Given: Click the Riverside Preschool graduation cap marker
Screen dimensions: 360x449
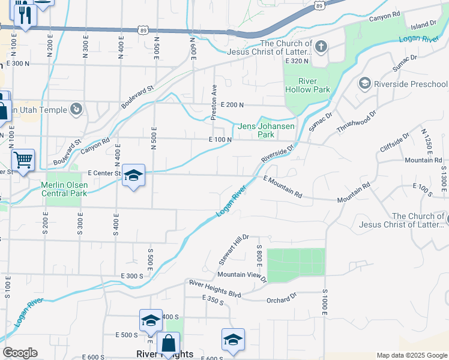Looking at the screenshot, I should [x=364, y=84].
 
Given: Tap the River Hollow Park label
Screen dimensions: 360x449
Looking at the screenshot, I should [x=307, y=85].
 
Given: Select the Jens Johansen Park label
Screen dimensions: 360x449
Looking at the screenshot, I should [x=266, y=130].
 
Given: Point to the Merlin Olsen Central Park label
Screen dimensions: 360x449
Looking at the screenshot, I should [x=64, y=189].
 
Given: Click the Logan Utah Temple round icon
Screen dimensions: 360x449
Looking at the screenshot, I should [x=76, y=109].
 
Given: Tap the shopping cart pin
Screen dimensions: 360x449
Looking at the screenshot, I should [x=23, y=160].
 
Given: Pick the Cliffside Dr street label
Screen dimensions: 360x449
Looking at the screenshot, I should [x=394, y=144].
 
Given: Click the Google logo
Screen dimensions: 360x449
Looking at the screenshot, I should [x=20, y=352].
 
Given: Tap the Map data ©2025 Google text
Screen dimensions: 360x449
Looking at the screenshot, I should [x=411, y=355].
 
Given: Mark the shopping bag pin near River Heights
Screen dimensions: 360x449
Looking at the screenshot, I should [x=168, y=344].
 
